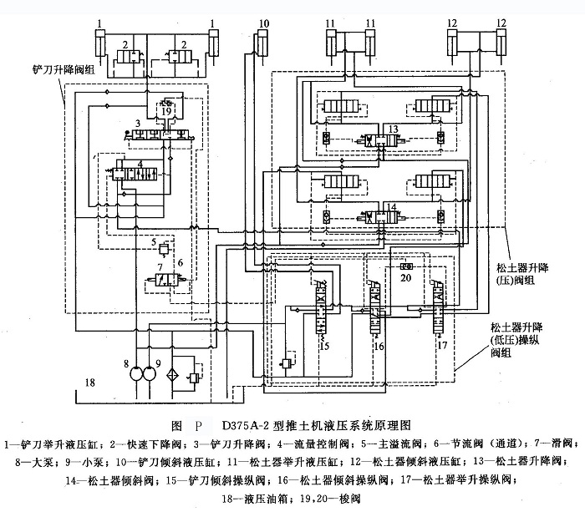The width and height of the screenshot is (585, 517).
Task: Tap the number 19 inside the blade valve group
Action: pyautogui.click(x=167, y=110)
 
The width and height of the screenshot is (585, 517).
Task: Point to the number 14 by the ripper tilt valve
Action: pyautogui.click(x=392, y=205)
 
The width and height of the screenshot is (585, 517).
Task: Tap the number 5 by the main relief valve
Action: pyautogui.click(x=154, y=243)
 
